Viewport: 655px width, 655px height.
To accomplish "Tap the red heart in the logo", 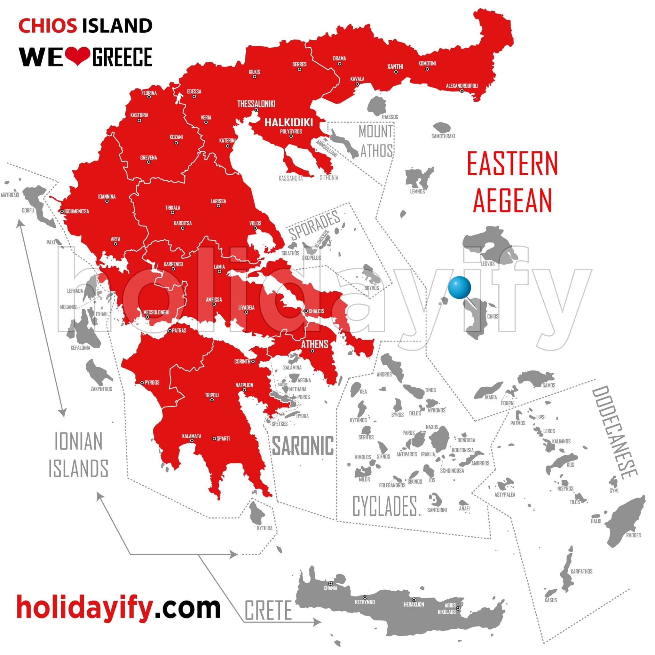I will point(77,56).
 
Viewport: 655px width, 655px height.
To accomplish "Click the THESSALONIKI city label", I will point(256,104).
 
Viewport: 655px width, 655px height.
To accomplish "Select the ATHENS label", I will point(315,344).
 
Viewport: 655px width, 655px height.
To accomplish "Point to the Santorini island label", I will point(437,510).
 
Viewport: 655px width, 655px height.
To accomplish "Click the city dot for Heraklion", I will point(414,600).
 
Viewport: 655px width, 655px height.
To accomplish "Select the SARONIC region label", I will point(303,446).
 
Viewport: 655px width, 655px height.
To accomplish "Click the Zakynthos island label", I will point(101,389).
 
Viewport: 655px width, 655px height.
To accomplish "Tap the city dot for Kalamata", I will point(192,441).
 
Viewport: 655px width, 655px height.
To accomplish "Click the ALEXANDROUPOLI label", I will point(462,86).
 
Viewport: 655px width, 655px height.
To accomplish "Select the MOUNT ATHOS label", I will point(376,141).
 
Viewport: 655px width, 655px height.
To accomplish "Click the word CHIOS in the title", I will point(47,26).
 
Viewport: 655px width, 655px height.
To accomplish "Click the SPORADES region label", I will point(314,225).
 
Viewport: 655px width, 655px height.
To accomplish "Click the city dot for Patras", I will point(170,331).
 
